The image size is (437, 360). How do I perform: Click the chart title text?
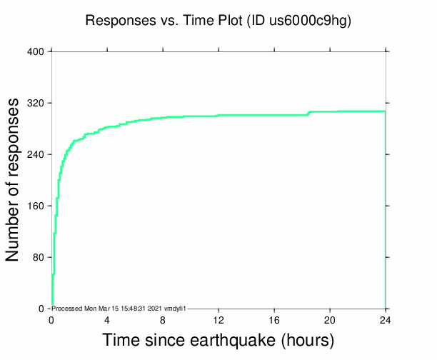point(218,21)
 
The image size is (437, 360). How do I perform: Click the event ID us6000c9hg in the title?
point(309,21)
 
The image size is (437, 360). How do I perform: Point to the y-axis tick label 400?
point(36,51)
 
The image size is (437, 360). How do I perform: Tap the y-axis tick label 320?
point(36,103)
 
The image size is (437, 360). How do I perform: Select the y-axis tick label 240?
point(36,154)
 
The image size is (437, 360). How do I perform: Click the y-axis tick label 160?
point(36,206)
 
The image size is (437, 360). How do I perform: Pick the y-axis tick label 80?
point(39,257)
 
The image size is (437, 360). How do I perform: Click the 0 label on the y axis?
point(41,309)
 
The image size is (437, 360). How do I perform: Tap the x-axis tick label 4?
point(107,320)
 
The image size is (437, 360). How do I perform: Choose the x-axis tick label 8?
point(163,320)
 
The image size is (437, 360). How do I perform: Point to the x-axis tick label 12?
point(218,320)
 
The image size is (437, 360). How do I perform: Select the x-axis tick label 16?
point(274,320)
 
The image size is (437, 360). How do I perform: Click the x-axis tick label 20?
point(330,320)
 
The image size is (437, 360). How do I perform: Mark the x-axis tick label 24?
point(386,320)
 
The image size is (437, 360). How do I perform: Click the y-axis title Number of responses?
point(13,180)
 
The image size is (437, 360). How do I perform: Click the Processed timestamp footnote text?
point(119,308)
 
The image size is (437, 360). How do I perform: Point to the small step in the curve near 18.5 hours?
point(308,113)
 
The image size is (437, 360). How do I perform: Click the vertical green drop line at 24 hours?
point(386,214)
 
